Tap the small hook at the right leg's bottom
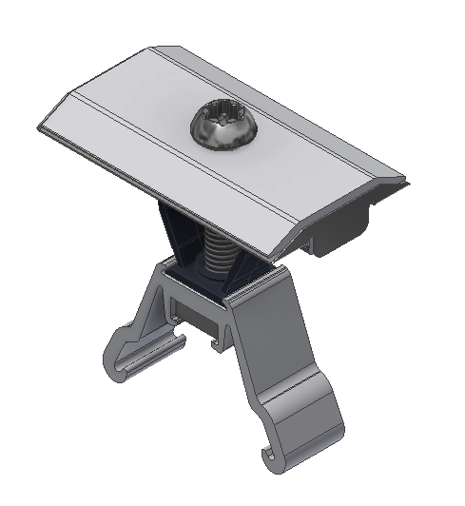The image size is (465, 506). pyautogui.click(x=275, y=460)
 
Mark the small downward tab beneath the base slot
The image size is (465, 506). pyautogui.click(x=218, y=338)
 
